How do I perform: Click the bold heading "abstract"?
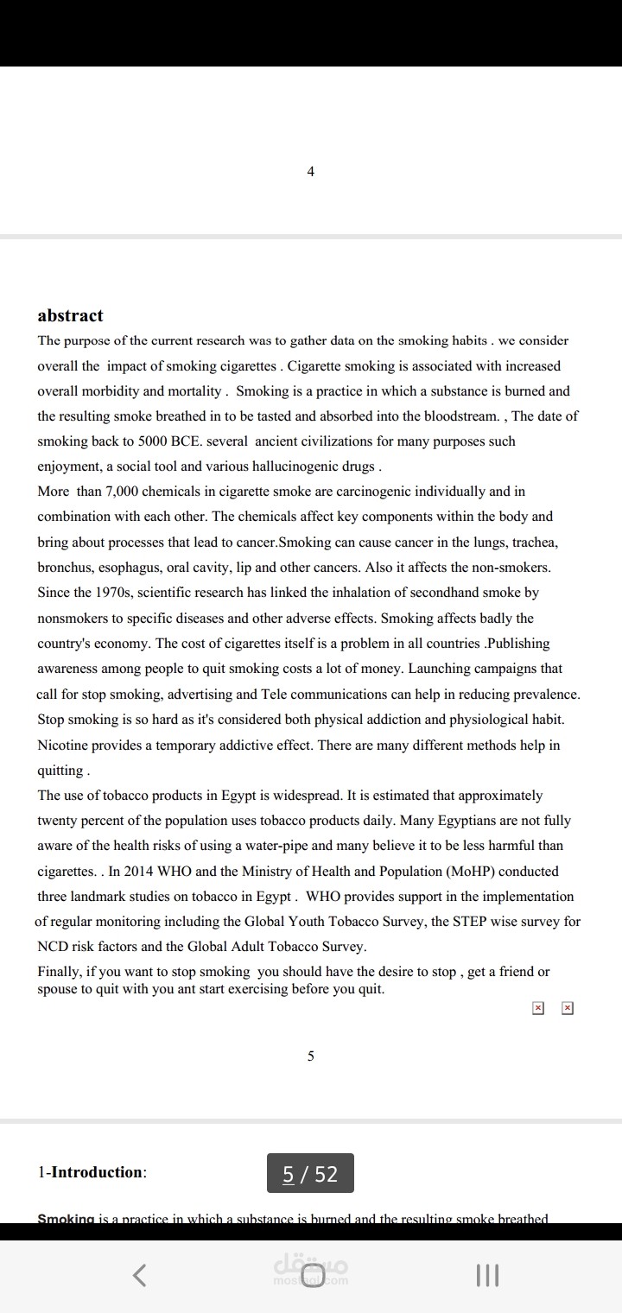click(70, 315)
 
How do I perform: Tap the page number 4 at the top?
click(311, 171)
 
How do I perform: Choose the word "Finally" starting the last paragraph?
click(60, 972)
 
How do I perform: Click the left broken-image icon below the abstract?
click(538, 1007)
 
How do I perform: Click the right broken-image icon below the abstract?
click(567, 1007)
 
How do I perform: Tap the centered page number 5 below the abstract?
click(311, 1056)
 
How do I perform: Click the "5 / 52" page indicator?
click(310, 1173)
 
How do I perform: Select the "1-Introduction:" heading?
click(92, 1172)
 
